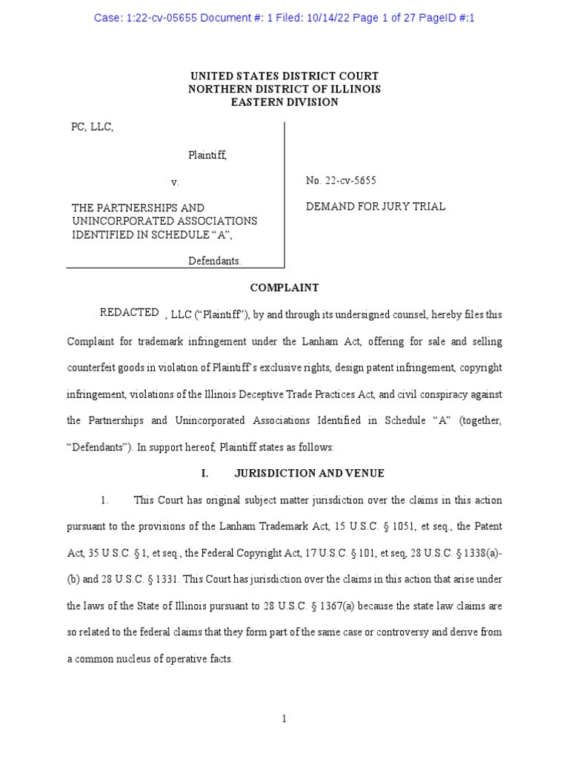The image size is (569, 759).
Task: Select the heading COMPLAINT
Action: click(x=284, y=288)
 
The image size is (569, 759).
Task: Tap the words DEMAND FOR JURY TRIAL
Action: click(x=376, y=207)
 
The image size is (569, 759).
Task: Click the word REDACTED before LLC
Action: click(x=129, y=313)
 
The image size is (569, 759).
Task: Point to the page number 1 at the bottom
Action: click(x=284, y=718)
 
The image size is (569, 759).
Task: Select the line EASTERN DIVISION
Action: click(x=284, y=102)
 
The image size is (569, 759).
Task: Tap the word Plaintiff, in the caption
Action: click(x=207, y=155)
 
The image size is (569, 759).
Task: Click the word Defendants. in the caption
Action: click(x=214, y=261)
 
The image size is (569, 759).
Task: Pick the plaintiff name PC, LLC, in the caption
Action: click(x=93, y=127)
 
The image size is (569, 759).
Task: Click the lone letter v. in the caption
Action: click(x=175, y=182)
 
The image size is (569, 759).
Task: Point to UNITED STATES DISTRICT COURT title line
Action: click(x=284, y=76)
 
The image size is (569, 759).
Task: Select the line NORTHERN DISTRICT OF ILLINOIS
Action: click(x=284, y=89)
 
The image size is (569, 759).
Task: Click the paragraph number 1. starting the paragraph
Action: click(x=105, y=500)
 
